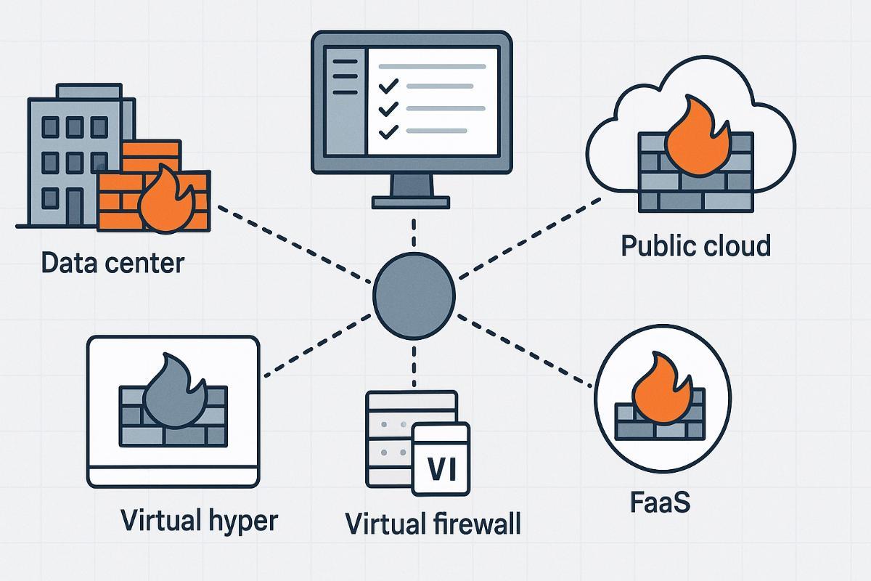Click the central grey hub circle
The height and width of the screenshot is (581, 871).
click(x=414, y=294)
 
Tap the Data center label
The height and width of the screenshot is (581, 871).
click(x=113, y=262)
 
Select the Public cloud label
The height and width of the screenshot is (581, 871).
click(x=696, y=245)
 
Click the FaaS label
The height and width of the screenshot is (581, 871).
click(x=658, y=501)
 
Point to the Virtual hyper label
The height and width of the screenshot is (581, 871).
click(x=199, y=520)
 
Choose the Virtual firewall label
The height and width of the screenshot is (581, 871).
click(x=433, y=523)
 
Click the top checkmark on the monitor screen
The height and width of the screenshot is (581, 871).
click(x=389, y=86)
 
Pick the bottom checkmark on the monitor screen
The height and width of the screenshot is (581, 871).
click(x=389, y=131)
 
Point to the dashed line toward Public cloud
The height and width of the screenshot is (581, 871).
click(x=530, y=236)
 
